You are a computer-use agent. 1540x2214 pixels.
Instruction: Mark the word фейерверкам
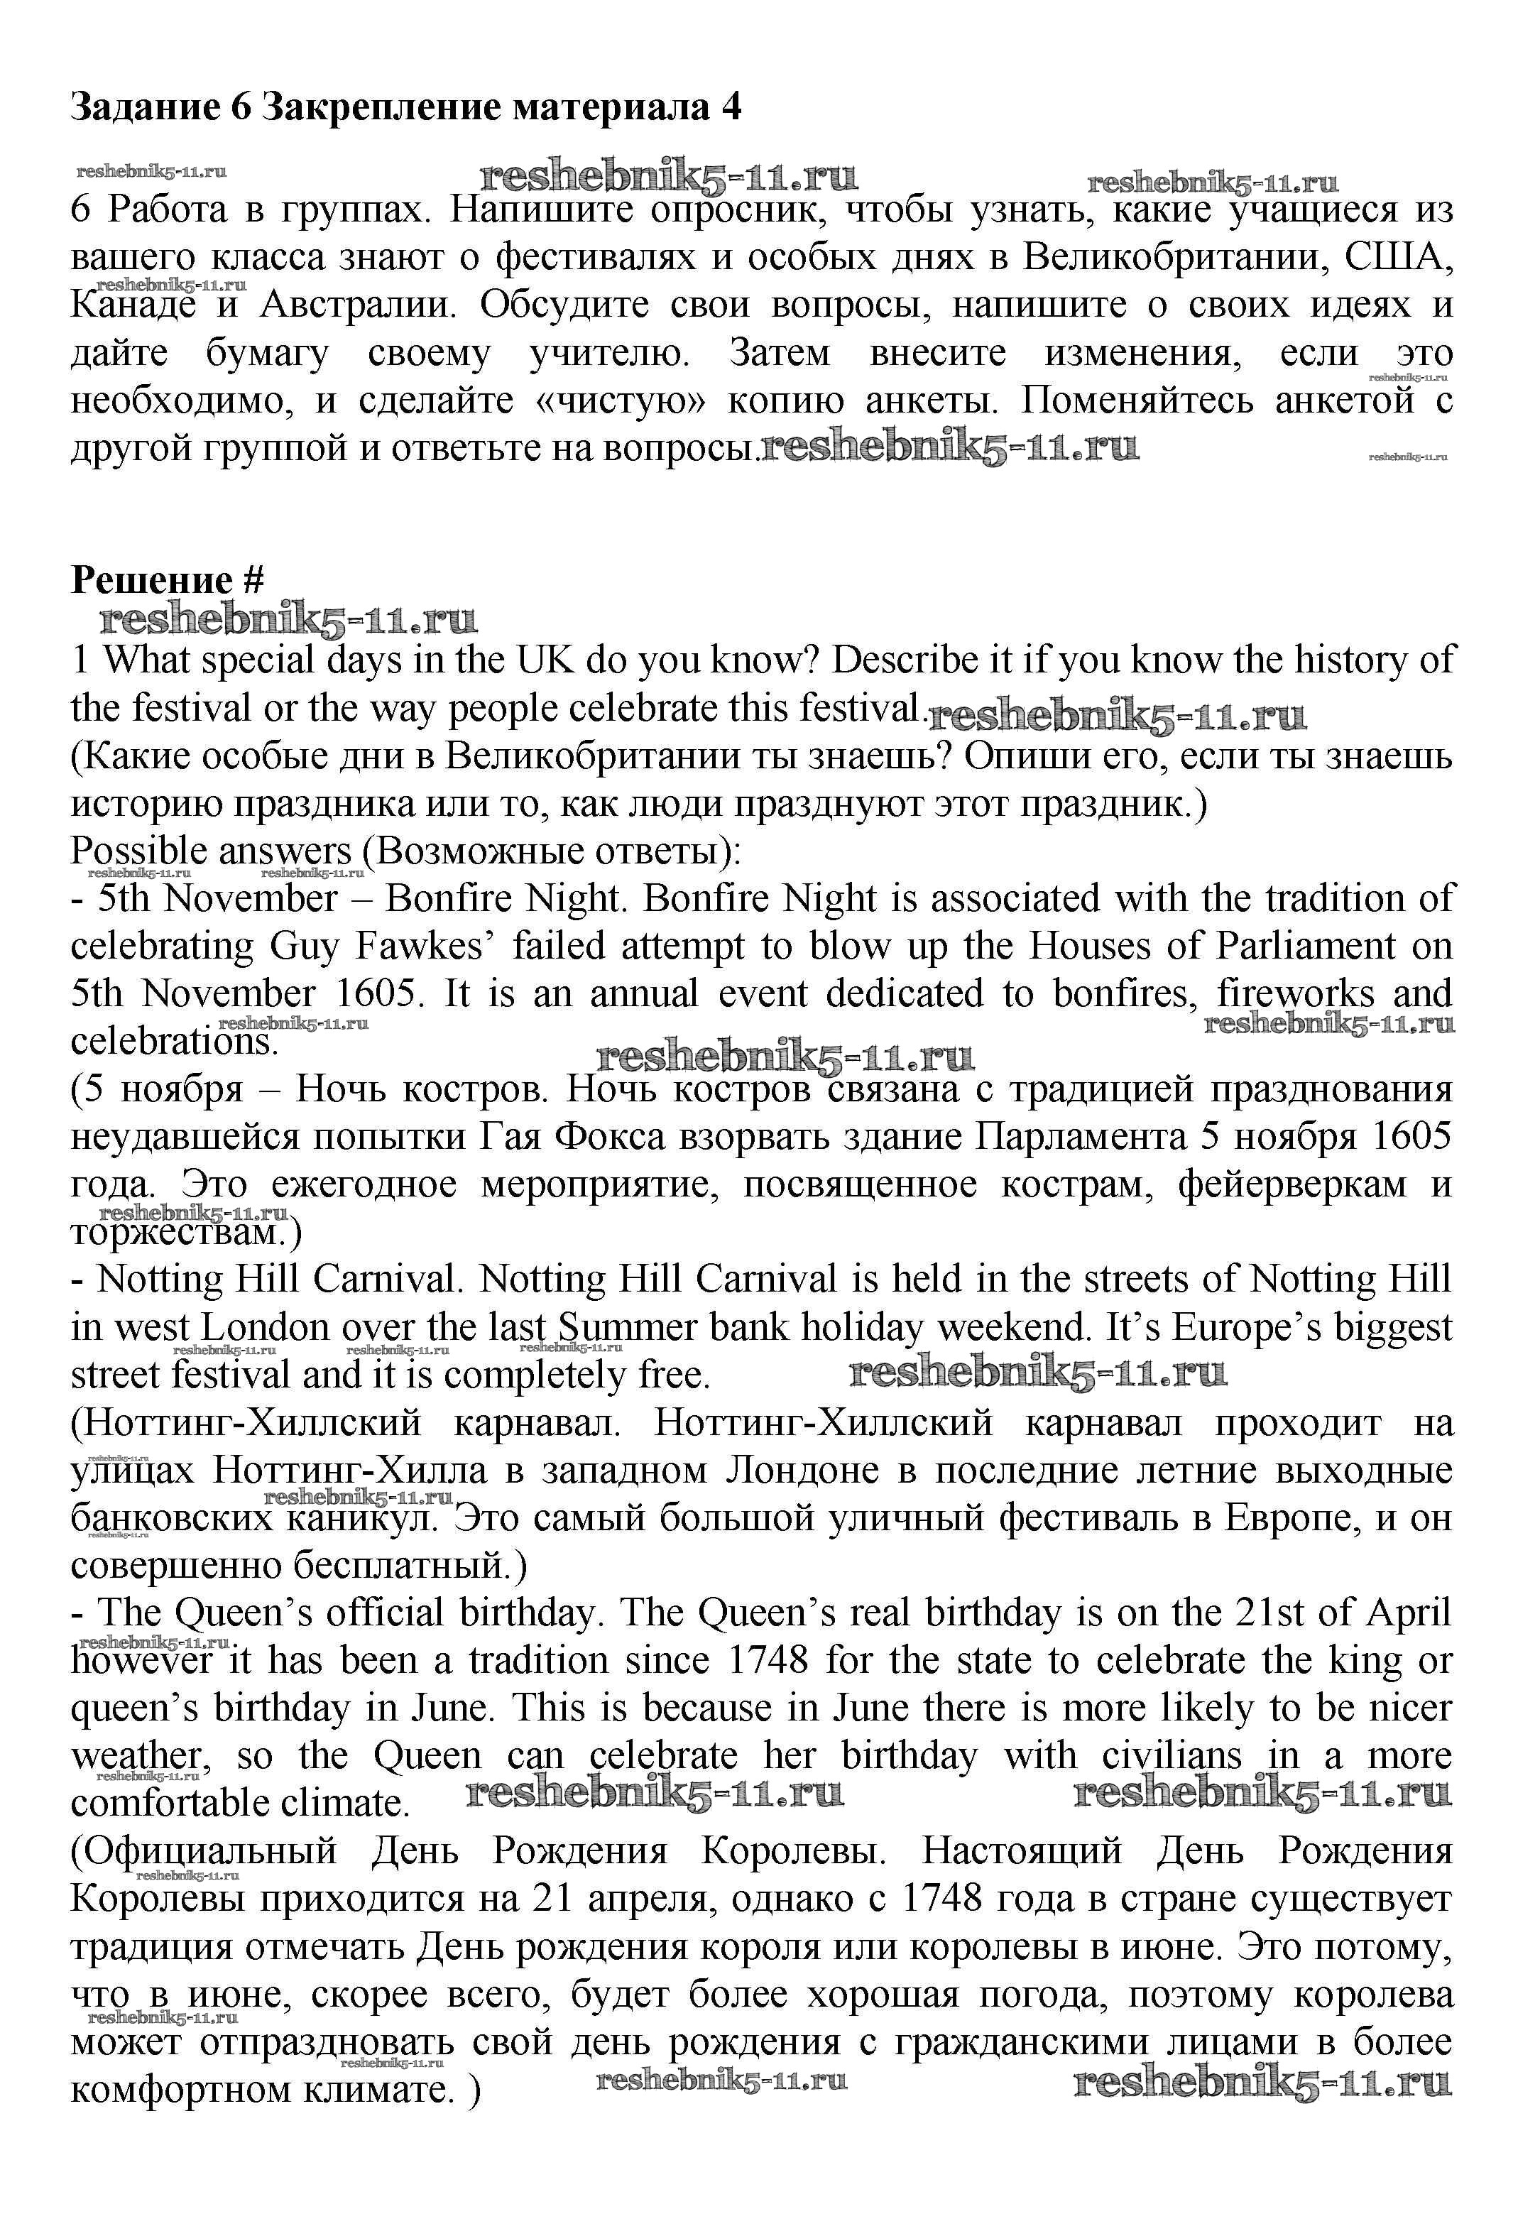click(1292, 1184)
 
